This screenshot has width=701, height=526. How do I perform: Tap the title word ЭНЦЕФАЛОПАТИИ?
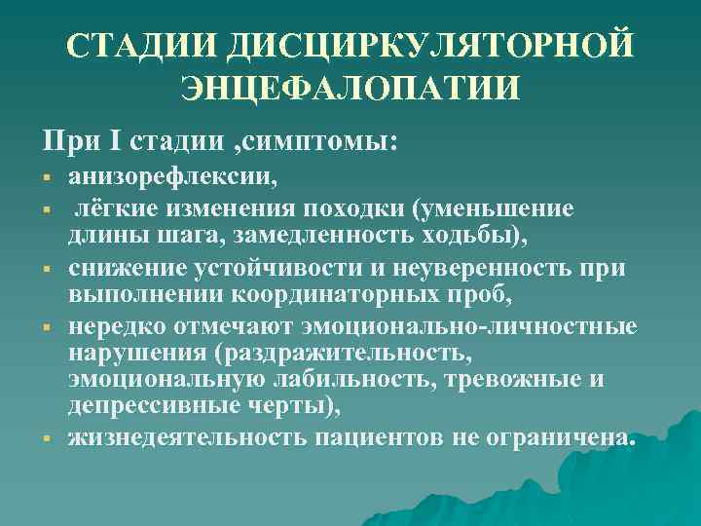(350, 88)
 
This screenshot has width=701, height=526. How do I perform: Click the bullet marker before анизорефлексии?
(46, 178)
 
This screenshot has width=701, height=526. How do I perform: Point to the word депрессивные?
(149, 409)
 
